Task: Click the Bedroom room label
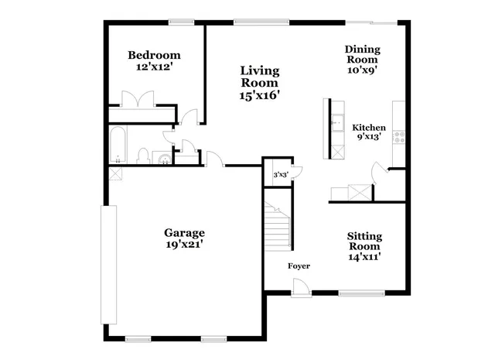(x=154, y=55)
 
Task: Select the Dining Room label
(x=362, y=54)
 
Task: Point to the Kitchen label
(x=369, y=128)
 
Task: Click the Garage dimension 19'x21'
(x=183, y=245)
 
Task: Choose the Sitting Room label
(x=364, y=241)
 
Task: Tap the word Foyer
(x=299, y=266)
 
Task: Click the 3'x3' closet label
(x=279, y=175)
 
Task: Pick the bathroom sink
(x=164, y=159)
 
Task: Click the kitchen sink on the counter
(x=336, y=122)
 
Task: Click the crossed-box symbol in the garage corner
(x=115, y=174)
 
